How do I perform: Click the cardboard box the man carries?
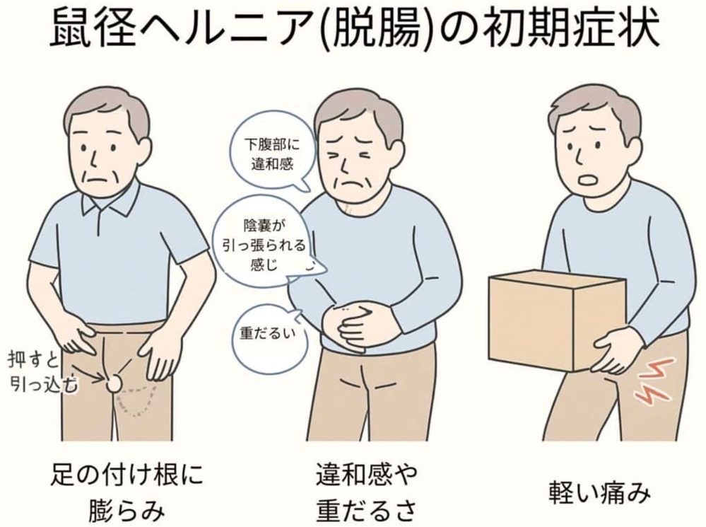558,319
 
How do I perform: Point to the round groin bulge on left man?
114,383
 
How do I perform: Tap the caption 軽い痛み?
600,492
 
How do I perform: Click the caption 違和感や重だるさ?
367,492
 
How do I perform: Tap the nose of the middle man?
345,168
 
